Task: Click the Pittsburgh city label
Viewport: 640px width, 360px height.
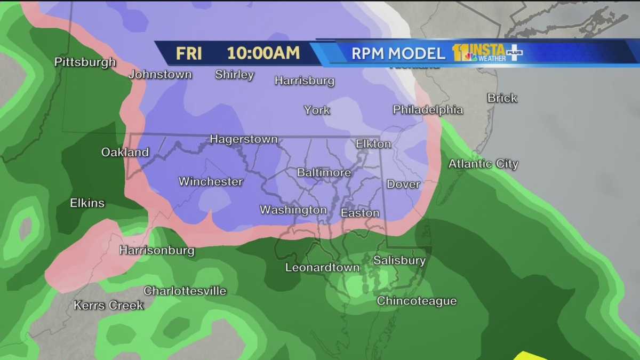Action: [85, 62]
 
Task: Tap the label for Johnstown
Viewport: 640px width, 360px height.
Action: [160, 75]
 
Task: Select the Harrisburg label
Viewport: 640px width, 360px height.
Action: [304, 81]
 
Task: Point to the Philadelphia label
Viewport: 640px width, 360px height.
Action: [428, 110]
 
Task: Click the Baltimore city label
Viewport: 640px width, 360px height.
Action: [324, 173]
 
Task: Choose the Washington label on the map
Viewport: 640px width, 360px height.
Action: [293, 210]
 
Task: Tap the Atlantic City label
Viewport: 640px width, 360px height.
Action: [483, 164]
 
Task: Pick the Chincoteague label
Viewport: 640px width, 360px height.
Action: [417, 301]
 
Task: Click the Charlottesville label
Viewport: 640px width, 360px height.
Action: [185, 291]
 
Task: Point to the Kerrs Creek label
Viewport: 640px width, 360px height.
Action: [108, 306]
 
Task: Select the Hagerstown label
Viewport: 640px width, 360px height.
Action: [244, 140]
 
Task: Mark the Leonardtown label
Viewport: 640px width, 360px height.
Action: [322, 268]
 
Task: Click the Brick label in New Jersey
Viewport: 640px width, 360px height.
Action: [502, 98]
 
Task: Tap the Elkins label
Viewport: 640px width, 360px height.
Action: [87, 203]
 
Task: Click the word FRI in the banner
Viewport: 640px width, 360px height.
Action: [189, 53]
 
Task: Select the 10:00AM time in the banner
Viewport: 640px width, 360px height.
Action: [263, 53]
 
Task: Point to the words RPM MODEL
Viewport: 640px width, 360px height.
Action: [398, 53]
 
